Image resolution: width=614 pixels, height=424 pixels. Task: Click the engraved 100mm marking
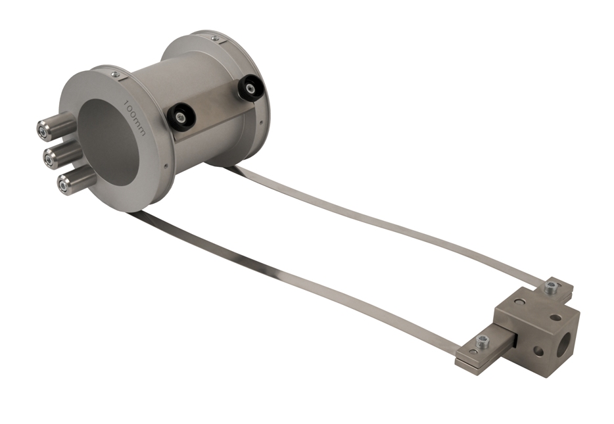pos(134,118)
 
